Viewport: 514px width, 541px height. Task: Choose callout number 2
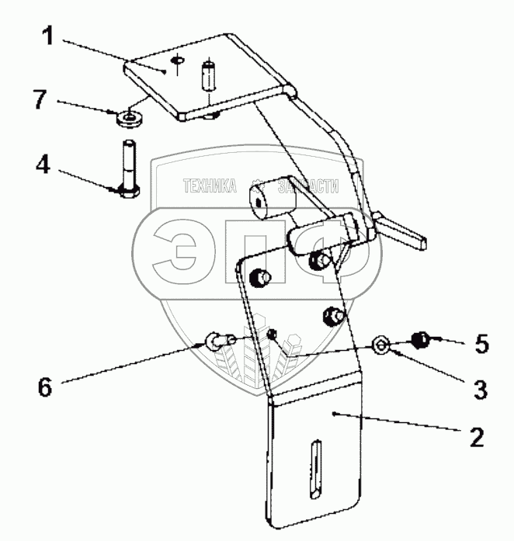pyautogui.click(x=477, y=436)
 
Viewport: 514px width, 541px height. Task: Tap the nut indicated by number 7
pyautogui.click(x=128, y=119)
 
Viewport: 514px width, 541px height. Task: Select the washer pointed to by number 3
pyautogui.click(x=381, y=343)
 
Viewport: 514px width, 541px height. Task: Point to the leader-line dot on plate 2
pyautogui.click(x=332, y=414)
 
